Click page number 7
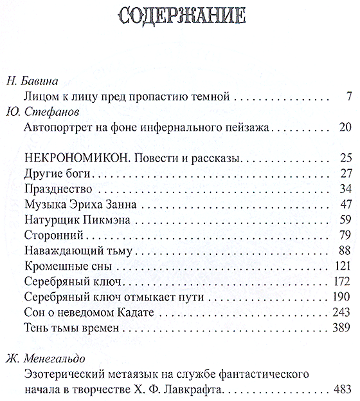347,97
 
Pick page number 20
343,128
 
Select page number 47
343,204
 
